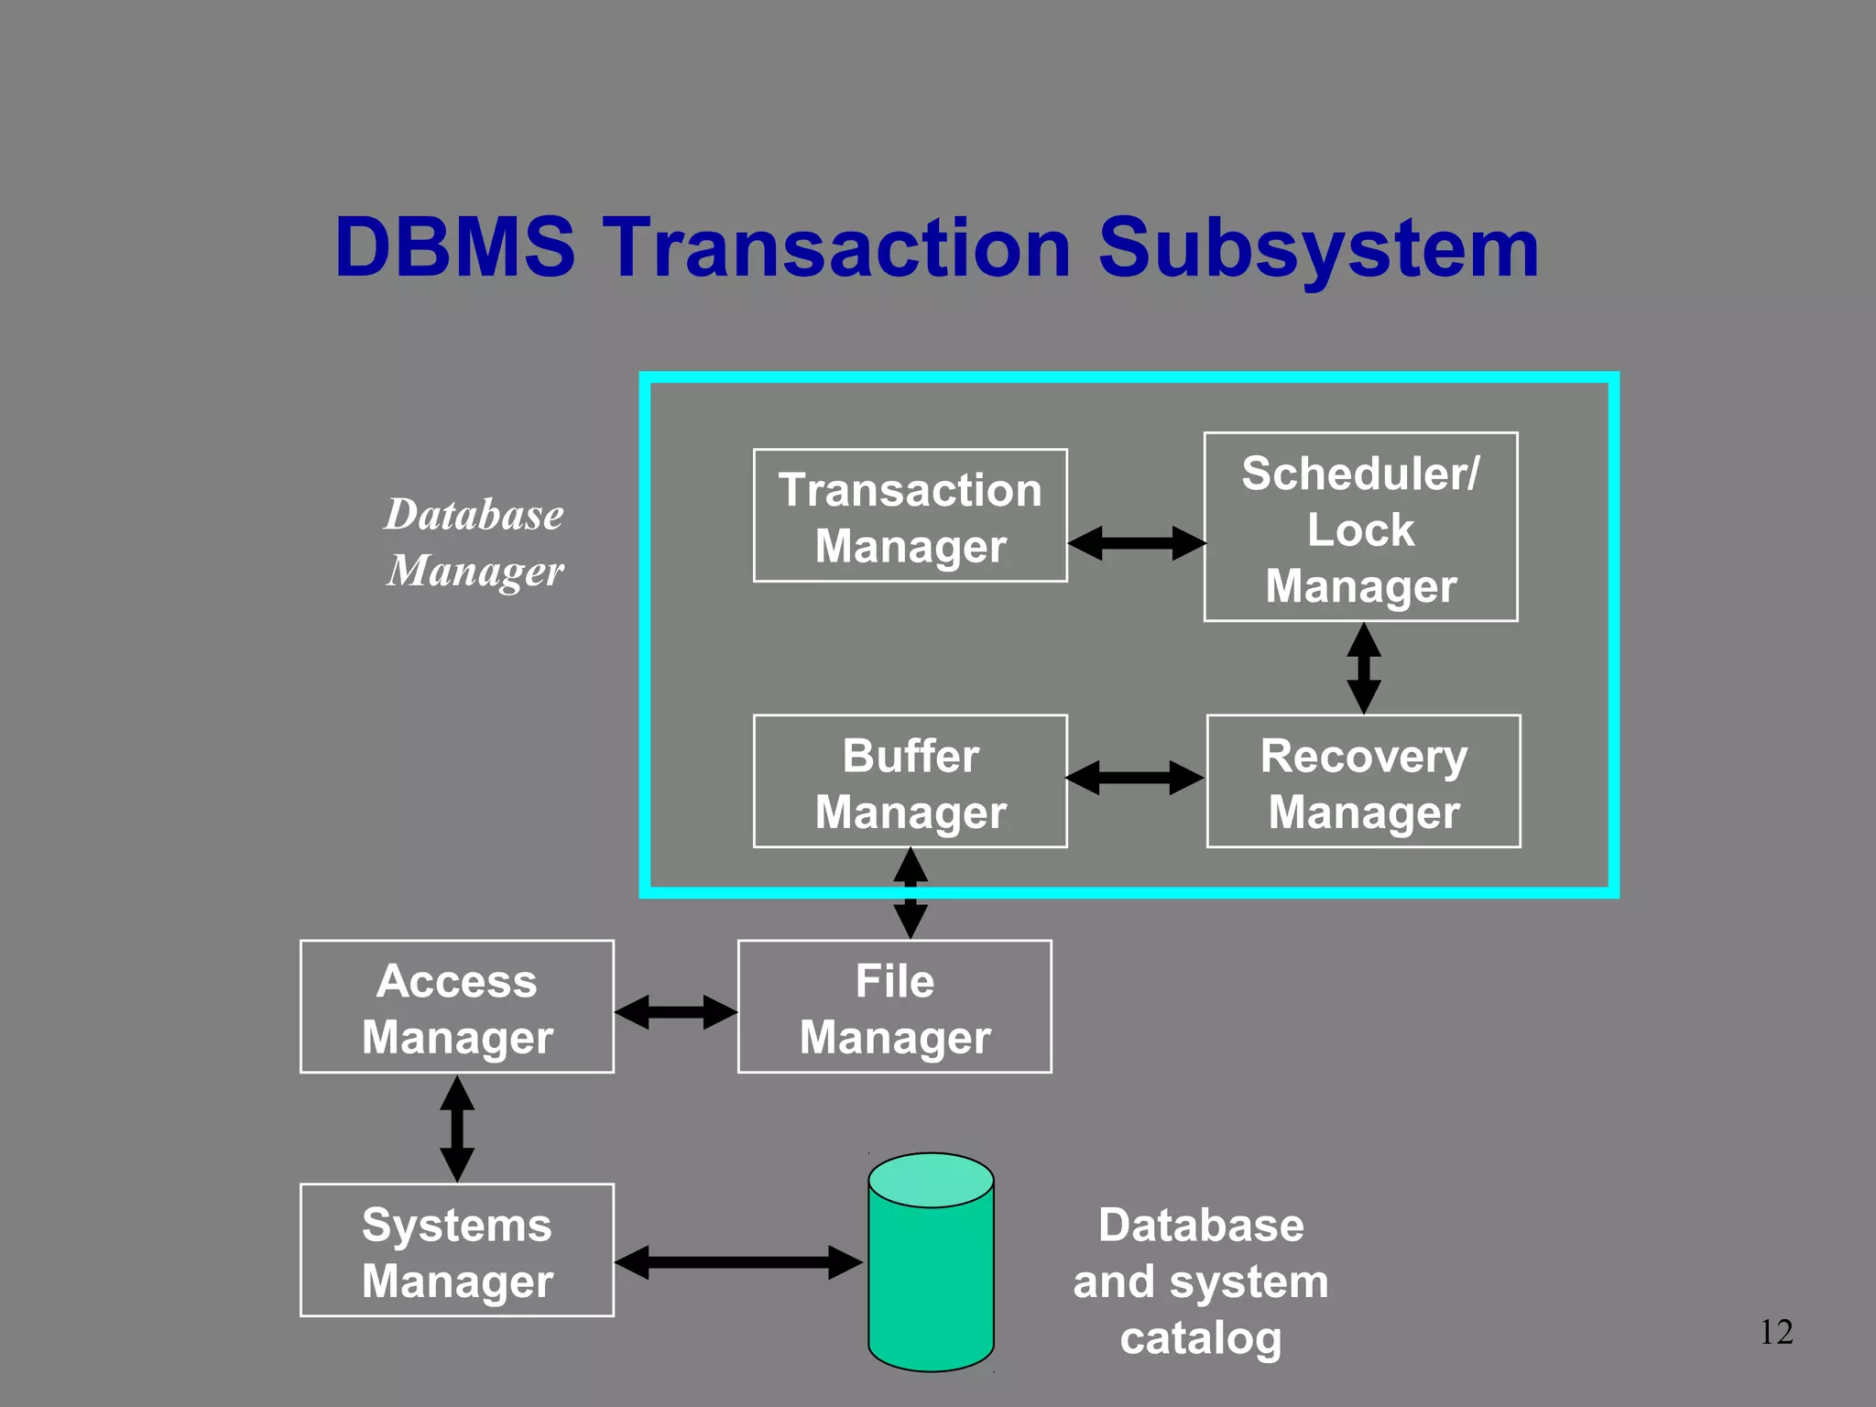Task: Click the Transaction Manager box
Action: [x=910, y=516]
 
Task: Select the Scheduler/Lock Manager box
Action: [x=1360, y=528]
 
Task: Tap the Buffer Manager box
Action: [x=910, y=781]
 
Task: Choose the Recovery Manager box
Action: [x=1363, y=781]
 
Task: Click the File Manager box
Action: [x=894, y=1007]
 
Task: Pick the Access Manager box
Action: [x=456, y=1007]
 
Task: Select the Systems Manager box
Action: [x=456, y=1250]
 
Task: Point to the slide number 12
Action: [x=1776, y=1332]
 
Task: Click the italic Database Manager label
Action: [x=474, y=541]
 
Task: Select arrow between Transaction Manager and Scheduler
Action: [x=1136, y=543]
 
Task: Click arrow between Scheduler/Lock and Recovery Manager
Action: [x=1363, y=668]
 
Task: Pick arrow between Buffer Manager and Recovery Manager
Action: [x=1135, y=778]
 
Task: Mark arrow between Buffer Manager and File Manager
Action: [x=910, y=893]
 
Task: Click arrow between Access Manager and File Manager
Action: [x=675, y=1012]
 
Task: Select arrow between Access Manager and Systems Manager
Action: [x=456, y=1129]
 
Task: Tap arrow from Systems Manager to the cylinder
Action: [x=738, y=1262]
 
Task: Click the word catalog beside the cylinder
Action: [x=1200, y=1337]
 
